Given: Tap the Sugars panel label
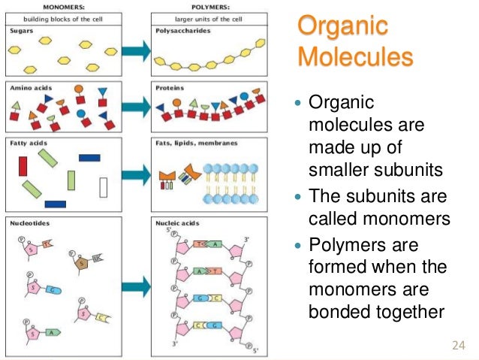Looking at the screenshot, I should [x=20, y=31].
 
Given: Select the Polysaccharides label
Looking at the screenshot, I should [x=180, y=31].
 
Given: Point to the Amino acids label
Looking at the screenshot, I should [x=27, y=87].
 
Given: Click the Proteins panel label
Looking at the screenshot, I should [x=170, y=87].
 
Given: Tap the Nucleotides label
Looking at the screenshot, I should [x=28, y=223].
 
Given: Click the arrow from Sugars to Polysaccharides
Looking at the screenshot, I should [x=136, y=51].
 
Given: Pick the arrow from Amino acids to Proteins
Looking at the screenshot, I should [x=136, y=107].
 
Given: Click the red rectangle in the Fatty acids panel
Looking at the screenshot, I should [x=23, y=165].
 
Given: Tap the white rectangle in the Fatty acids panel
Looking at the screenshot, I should [x=103, y=185].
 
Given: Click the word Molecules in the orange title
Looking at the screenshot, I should [x=355, y=56].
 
